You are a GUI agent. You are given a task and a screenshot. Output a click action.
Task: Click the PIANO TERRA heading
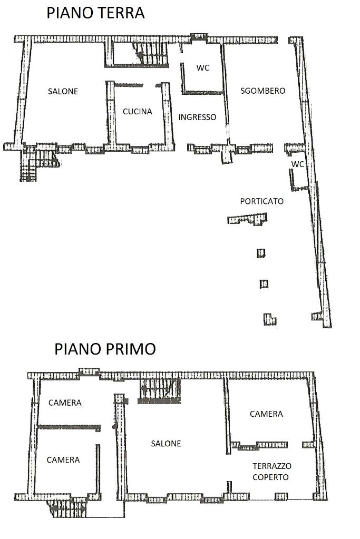click(x=95, y=13)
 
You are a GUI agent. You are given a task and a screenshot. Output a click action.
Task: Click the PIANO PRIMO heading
click(x=105, y=349)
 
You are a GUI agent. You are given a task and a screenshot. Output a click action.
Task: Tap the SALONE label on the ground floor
click(x=63, y=92)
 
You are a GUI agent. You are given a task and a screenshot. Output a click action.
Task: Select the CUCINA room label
click(x=137, y=111)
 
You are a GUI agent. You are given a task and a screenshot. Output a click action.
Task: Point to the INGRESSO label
click(x=197, y=117)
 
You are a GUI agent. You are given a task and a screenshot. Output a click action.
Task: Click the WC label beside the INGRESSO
click(x=203, y=68)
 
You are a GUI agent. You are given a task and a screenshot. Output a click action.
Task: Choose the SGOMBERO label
click(x=262, y=91)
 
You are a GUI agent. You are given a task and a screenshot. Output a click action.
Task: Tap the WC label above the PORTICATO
click(x=298, y=164)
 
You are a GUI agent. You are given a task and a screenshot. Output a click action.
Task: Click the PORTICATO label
click(x=261, y=201)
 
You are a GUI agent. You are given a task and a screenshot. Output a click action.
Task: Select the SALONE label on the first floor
click(x=166, y=444)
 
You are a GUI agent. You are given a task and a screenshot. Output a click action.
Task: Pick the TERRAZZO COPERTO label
click(x=271, y=472)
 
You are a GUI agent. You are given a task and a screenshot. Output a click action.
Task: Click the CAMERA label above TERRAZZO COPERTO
click(x=266, y=414)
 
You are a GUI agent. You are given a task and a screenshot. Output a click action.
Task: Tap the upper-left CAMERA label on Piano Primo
click(x=65, y=403)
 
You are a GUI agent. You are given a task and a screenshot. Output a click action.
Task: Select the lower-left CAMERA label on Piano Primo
click(x=63, y=460)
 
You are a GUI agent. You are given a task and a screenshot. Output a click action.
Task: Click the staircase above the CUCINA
click(x=140, y=54)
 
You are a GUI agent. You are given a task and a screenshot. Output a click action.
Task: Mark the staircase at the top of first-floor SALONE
click(x=160, y=391)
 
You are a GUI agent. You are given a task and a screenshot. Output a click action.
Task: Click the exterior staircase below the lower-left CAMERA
click(x=67, y=508)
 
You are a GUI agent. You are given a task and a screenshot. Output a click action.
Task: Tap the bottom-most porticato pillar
click(x=270, y=319)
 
